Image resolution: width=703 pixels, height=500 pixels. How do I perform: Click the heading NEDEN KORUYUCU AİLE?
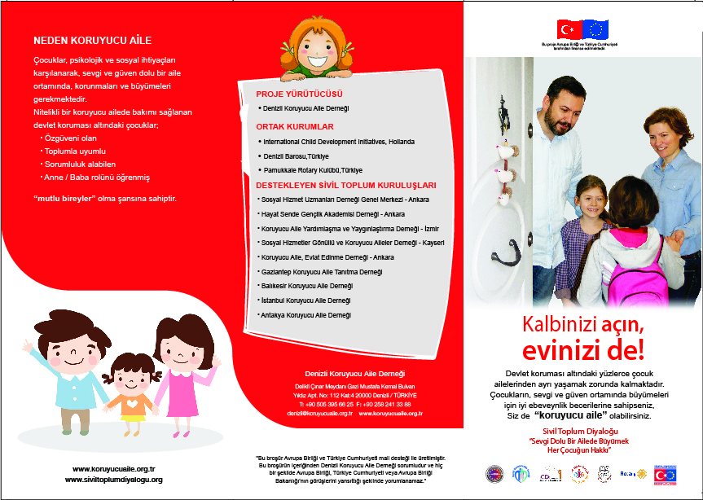92,40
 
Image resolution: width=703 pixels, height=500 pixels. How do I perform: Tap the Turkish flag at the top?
567,29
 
